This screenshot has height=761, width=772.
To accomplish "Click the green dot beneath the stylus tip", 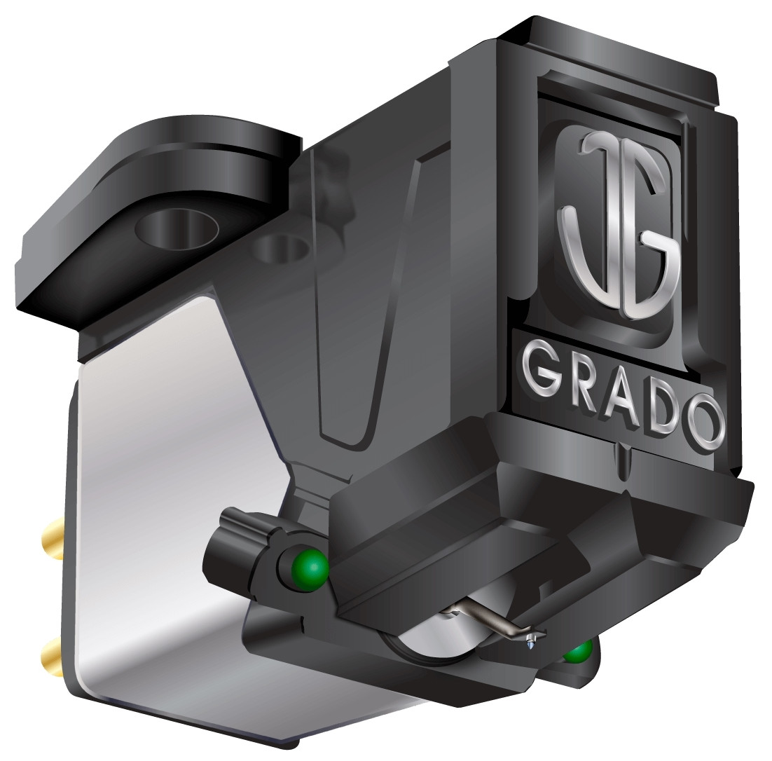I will pos(577,652).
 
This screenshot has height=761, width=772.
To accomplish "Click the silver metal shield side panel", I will pos(161,491).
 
